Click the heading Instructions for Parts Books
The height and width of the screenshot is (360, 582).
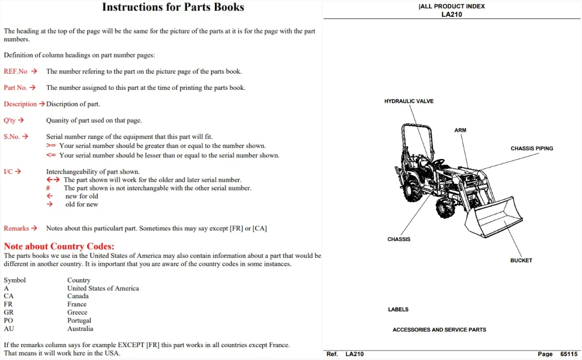(x=173, y=7)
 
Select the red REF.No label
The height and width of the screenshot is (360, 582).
(x=16, y=71)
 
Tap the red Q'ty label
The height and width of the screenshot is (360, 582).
(x=9, y=120)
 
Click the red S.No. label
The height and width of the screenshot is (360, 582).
(x=12, y=137)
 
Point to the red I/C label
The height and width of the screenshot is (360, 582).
(x=8, y=171)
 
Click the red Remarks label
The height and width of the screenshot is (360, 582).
(x=16, y=228)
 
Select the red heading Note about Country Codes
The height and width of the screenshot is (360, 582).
(x=59, y=246)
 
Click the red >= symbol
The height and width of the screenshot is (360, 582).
(x=51, y=146)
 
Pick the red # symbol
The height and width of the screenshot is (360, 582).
(x=48, y=188)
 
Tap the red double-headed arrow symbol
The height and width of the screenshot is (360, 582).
(x=52, y=180)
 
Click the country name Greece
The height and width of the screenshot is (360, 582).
(x=77, y=313)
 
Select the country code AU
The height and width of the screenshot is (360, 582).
(x=9, y=329)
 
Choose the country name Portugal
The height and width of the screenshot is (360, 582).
(x=79, y=321)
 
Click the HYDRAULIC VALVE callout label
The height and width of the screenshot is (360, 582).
(x=408, y=101)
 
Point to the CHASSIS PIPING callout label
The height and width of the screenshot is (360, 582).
(x=532, y=148)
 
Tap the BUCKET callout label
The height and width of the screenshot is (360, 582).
(x=521, y=261)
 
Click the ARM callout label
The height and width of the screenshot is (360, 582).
(x=460, y=130)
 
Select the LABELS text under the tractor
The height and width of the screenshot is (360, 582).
(x=398, y=310)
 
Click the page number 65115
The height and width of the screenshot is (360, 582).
(x=569, y=354)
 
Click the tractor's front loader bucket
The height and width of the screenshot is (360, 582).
(x=494, y=217)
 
